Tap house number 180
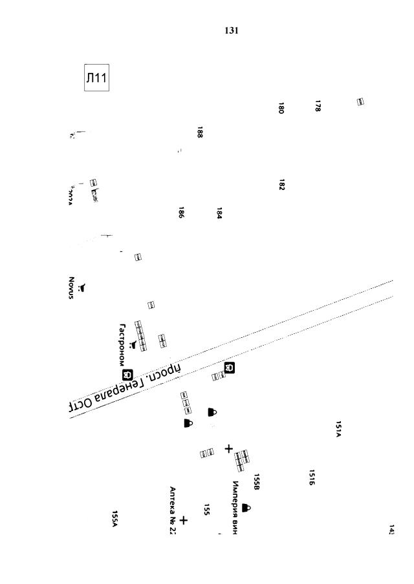pos(281,108)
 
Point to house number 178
pos(318,106)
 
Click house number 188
pos(200,132)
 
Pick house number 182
pos(281,185)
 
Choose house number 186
pos(182,213)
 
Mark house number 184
pos(219,213)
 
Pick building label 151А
pos(338,428)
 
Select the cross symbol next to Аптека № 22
pos(184,519)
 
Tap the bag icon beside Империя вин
pos(246,508)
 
